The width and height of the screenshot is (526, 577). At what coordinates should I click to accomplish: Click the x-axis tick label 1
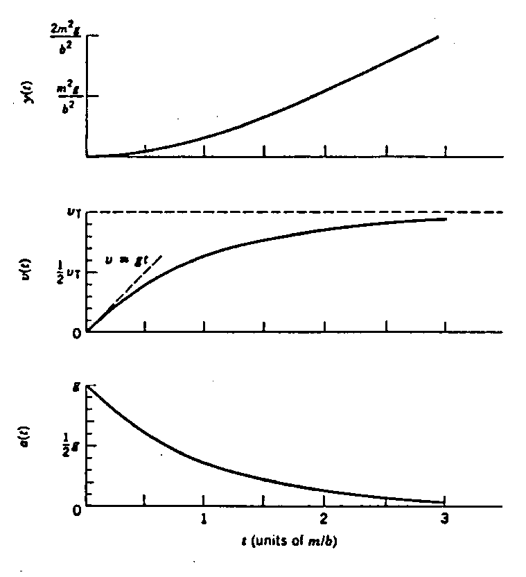[x=204, y=519]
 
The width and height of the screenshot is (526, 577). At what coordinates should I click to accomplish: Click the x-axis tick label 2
[x=324, y=519]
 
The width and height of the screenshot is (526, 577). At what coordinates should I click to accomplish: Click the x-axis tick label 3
[x=444, y=519]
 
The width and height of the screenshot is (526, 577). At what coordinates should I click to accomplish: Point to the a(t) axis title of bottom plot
[x=27, y=444]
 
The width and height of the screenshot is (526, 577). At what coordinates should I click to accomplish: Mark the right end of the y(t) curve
[x=438, y=36]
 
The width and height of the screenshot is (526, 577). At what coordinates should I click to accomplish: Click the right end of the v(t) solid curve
[x=445, y=219]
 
